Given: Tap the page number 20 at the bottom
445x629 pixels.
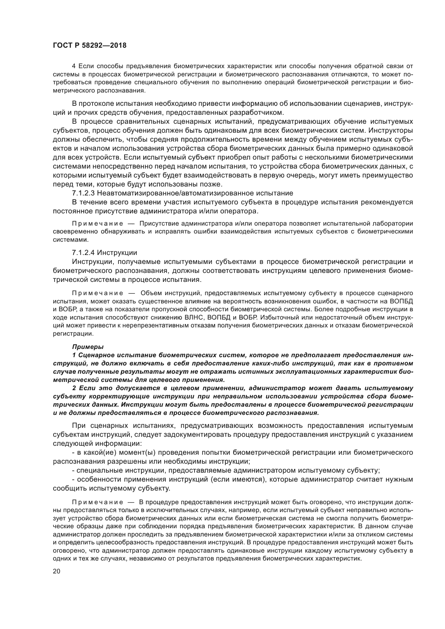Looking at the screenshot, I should click(x=57, y=572).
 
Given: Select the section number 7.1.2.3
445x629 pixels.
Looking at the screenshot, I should click(x=83, y=193).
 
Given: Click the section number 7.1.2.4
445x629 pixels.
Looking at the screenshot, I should click(x=83, y=252).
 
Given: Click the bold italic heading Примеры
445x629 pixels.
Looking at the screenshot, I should click(x=88, y=347).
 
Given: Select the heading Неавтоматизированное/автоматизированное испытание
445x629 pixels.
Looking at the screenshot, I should click(x=195, y=193).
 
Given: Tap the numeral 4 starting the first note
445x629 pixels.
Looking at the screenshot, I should click(x=74, y=66).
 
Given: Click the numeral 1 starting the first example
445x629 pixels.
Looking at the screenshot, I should click(x=74, y=355).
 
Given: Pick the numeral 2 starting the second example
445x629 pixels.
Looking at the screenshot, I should click(x=74, y=388).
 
